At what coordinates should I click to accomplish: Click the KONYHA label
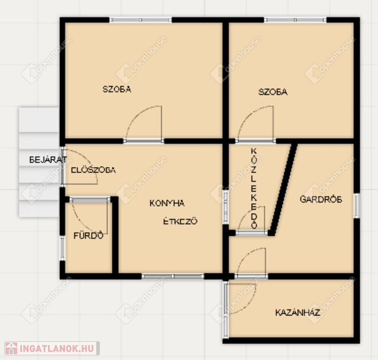[x=167, y=203]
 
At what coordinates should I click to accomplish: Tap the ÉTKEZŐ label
[x=180, y=221]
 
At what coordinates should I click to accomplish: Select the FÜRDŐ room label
[x=89, y=235]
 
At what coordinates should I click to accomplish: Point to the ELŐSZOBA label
[x=93, y=170]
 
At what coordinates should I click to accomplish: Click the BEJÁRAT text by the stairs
[x=48, y=159]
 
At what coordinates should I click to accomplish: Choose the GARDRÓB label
[x=321, y=199]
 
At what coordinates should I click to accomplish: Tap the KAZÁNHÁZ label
[x=298, y=313]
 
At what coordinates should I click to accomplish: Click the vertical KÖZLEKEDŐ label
[x=254, y=188]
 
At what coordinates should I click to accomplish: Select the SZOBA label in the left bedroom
[x=117, y=89]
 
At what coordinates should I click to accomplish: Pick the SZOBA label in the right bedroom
[x=273, y=92]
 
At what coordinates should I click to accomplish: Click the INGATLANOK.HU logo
[x=52, y=348]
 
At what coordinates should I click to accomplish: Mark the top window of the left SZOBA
[x=141, y=20]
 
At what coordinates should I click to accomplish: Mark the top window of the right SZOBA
[x=295, y=20]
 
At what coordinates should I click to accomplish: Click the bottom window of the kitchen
[x=173, y=276]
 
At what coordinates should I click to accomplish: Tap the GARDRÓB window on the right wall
[x=357, y=205]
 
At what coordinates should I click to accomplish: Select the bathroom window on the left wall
[x=62, y=248]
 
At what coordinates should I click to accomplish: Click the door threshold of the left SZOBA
[x=144, y=141]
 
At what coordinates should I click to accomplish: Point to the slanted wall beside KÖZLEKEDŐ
[x=283, y=190]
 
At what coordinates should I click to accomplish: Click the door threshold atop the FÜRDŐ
[x=90, y=200]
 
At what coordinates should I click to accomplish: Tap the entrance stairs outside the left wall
[x=39, y=162]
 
